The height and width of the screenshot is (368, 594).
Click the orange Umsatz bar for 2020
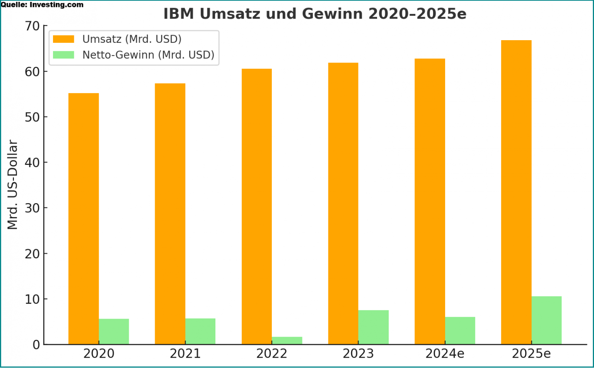(84, 219)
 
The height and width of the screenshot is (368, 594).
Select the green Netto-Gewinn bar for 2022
(287, 341)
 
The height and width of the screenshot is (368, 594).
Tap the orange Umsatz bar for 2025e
(516, 192)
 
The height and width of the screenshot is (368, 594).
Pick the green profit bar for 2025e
(546, 320)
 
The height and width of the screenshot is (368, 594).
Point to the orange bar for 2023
(343, 203)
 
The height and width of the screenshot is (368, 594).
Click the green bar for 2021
(200, 331)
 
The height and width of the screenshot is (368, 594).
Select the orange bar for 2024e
(430, 201)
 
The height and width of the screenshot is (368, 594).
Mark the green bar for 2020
(114, 331)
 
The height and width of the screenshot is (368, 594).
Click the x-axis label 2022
(272, 354)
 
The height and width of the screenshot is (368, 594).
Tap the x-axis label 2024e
(445, 354)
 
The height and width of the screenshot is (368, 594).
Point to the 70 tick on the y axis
(32, 26)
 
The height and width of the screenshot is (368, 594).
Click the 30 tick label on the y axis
(32, 208)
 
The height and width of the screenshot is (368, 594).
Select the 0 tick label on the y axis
(36, 345)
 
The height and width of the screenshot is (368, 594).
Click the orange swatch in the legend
(63, 39)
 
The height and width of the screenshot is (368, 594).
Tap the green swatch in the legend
(63, 55)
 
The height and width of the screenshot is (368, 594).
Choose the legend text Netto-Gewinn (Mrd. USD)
(148, 55)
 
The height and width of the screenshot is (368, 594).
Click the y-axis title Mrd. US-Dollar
(13, 185)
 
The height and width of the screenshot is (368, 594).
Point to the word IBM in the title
(179, 14)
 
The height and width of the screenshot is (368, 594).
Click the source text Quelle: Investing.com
(42, 5)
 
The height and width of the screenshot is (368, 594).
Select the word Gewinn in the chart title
(332, 14)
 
